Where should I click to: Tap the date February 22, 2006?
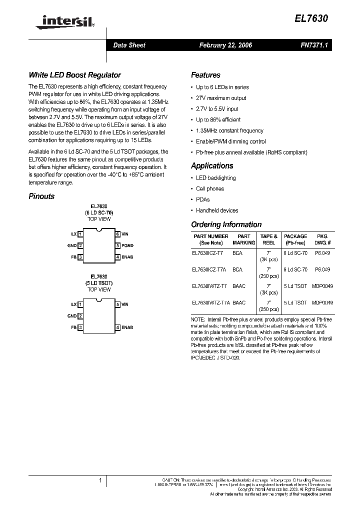coord(225,45)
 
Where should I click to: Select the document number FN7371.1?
coord(312,45)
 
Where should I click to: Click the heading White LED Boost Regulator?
coord(74,75)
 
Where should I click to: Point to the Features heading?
coord(205,75)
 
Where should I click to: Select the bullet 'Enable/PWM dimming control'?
coord(230,141)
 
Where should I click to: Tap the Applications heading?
coord(212,165)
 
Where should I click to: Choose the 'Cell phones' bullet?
coord(210,188)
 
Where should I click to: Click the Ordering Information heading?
coord(226,224)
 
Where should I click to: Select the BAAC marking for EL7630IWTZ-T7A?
coord(239,302)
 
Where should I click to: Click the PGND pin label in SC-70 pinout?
coord(127,245)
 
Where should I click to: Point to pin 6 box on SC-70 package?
coord(117,234)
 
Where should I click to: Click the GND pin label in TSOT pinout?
coord(71,316)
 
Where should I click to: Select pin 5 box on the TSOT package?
coord(117,304)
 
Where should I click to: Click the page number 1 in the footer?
coord(100,480)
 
